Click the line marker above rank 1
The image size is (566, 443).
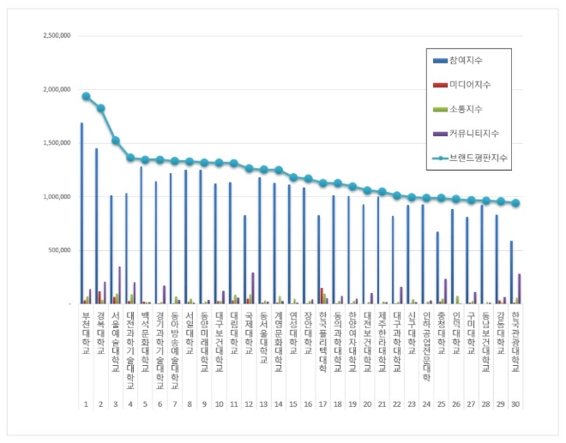click(86, 96)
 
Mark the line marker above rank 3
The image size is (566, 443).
click(116, 141)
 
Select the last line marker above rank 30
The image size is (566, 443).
click(515, 203)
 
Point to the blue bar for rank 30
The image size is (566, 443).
click(511, 272)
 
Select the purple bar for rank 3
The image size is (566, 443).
click(119, 285)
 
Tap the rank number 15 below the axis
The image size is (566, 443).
click(293, 403)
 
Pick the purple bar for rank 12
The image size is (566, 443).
click(252, 288)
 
